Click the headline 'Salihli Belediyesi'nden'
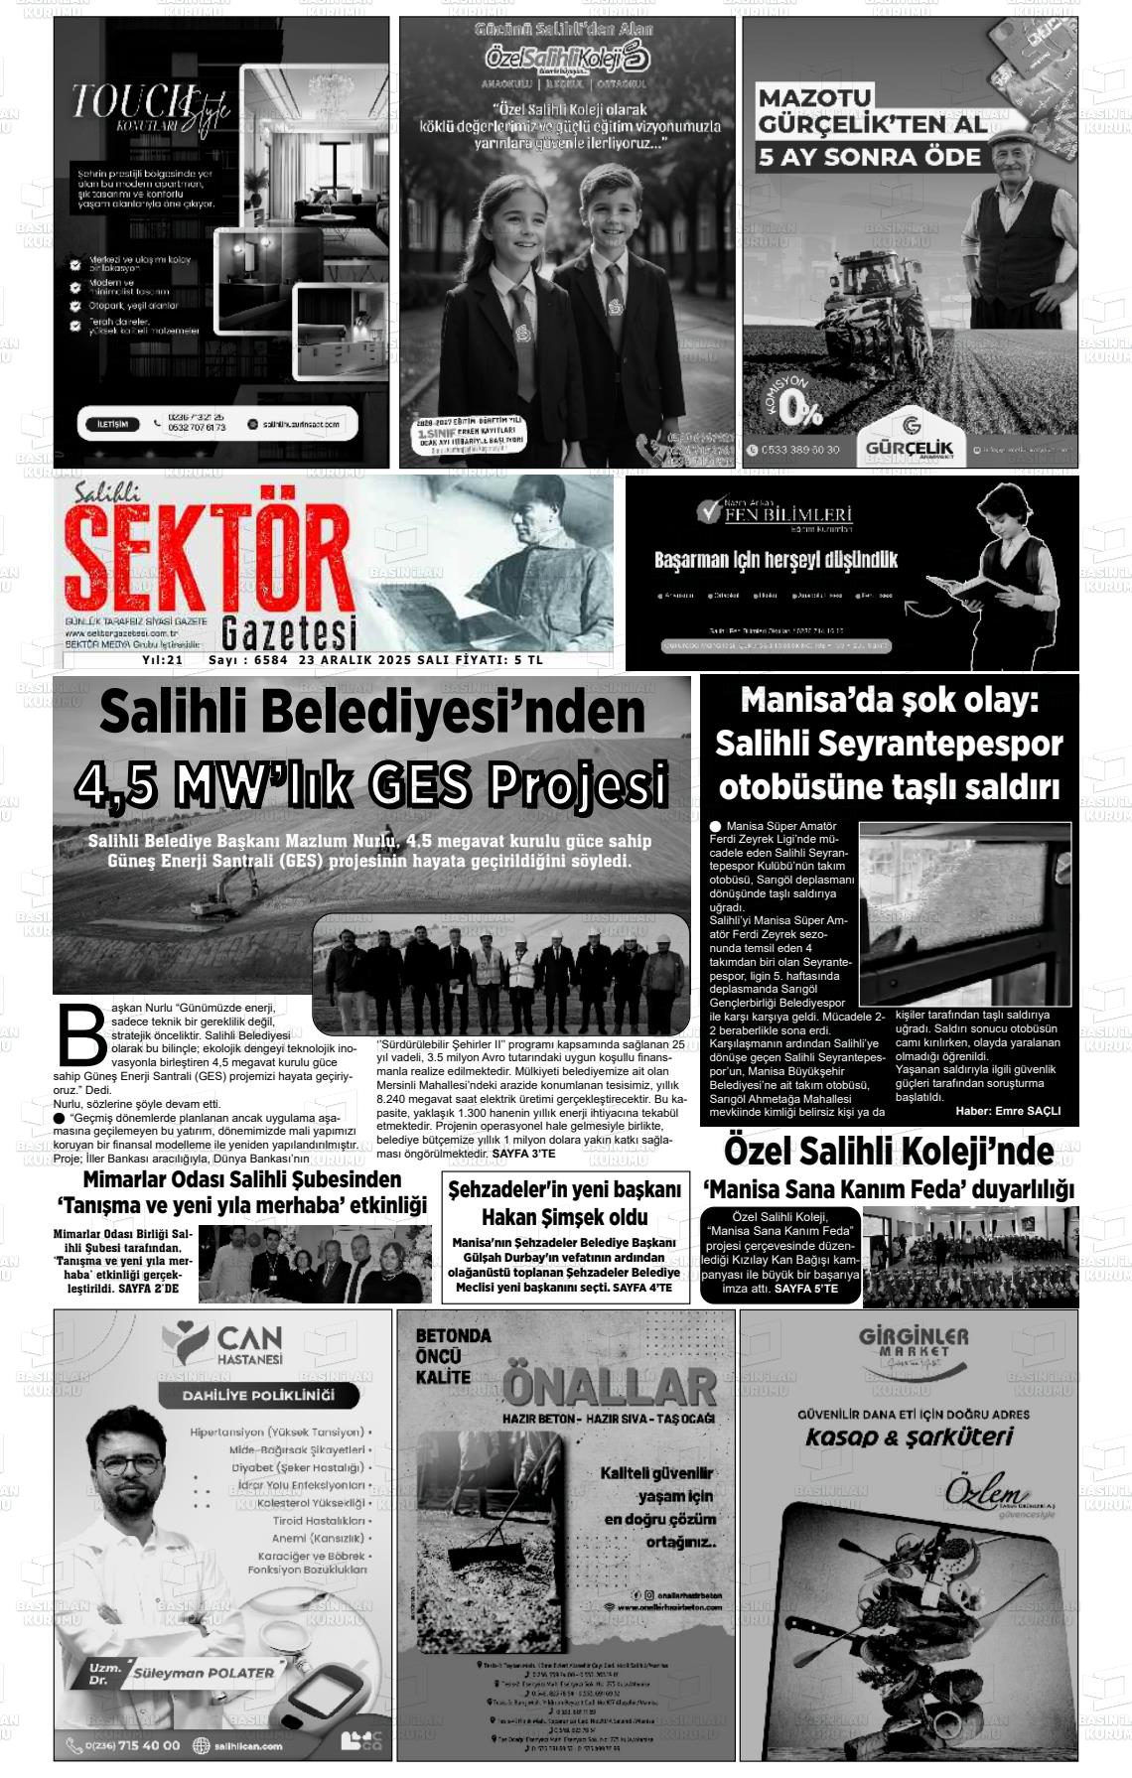coord(372,713)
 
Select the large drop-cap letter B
coord(81,1035)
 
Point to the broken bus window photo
coord(965,913)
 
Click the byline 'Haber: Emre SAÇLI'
coord(1008,1111)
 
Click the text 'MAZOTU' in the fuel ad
coord(814,98)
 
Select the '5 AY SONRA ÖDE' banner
coord(869,157)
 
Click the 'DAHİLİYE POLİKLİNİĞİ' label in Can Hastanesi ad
coord(258,1395)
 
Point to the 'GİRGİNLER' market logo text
coord(914,1336)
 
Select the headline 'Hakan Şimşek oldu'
coord(564,1217)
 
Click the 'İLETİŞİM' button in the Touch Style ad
coord(112,424)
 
